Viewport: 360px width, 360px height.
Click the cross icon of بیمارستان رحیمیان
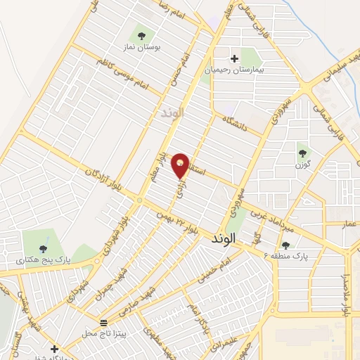pos(234,58)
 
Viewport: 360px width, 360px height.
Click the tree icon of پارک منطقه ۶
pos(285,245)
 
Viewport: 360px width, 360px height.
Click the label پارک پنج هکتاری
pos(44,259)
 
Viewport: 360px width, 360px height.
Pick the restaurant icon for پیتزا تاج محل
pos(104,322)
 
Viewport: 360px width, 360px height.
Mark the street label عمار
pos(350,224)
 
